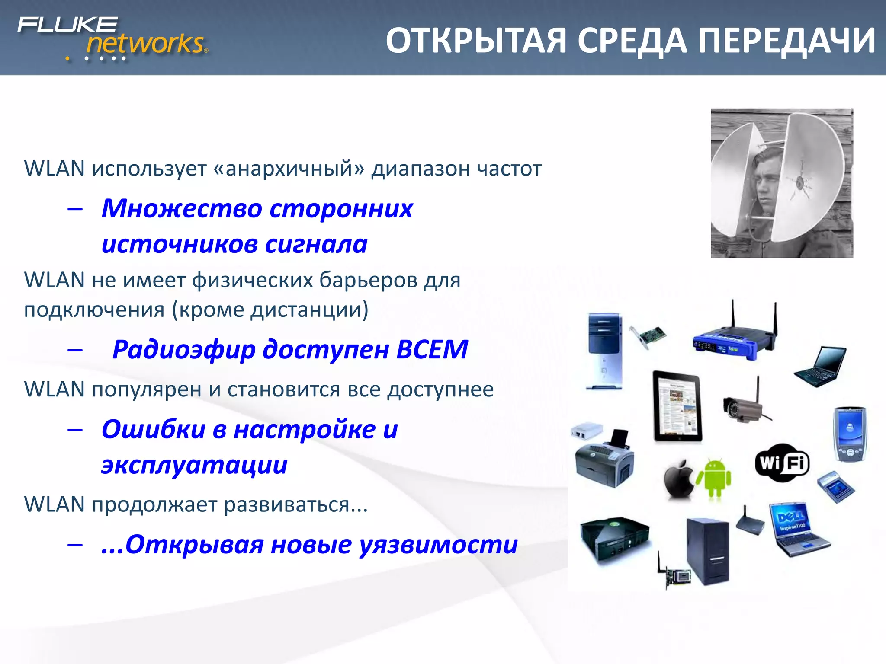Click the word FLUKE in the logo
pos(67,25)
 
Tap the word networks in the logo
pos(145,44)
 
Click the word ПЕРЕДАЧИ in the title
pos(787,41)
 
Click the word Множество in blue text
pos(182,208)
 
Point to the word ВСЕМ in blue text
pos(432,349)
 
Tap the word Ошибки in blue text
pos(154,430)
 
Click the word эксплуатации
pos(194,465)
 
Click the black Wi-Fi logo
pos(782,463)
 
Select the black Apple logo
pos(678,479)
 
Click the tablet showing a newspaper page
pos(677,407)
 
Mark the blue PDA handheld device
pos(850,434)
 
